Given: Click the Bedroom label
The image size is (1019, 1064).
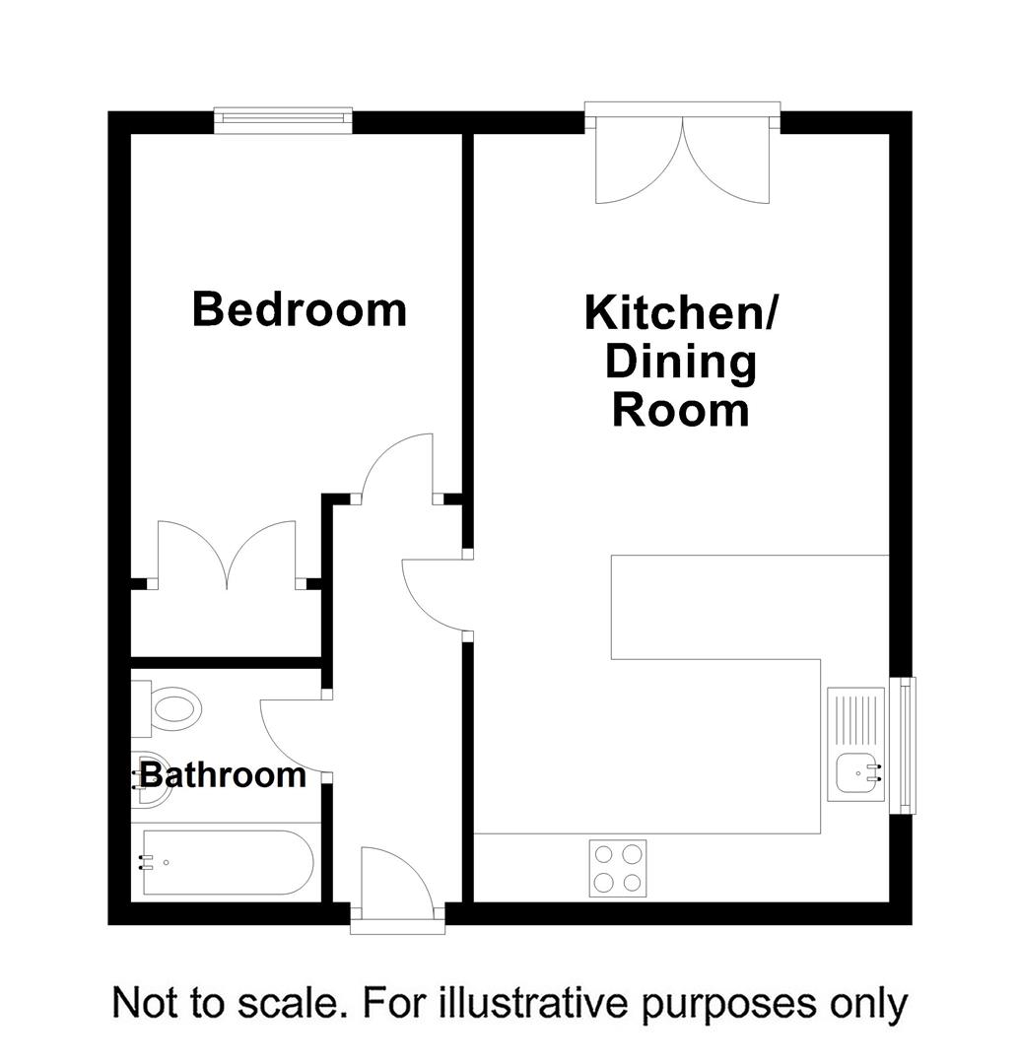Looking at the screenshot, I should [299, 309].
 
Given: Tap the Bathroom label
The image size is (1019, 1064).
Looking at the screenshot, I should [223, 775].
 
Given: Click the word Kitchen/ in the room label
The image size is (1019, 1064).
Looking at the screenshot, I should [681, 313].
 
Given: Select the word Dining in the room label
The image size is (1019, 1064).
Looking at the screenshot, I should [680, 362].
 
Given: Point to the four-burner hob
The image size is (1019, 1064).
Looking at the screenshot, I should [617, 868].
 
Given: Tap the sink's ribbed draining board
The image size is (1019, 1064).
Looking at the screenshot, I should [854, 719].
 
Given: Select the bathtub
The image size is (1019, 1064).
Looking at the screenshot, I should [228, 862].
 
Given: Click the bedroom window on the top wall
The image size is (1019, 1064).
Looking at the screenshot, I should [284, 119].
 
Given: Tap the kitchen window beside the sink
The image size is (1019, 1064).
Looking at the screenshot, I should [903, 746].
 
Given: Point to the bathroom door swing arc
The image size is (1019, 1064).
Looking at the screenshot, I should [294, 733].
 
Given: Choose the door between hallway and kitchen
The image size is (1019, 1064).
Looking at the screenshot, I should [434, 591].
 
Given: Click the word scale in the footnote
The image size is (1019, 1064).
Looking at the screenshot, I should [292, 1004].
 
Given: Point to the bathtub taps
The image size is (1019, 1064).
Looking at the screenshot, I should [149, 863].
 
